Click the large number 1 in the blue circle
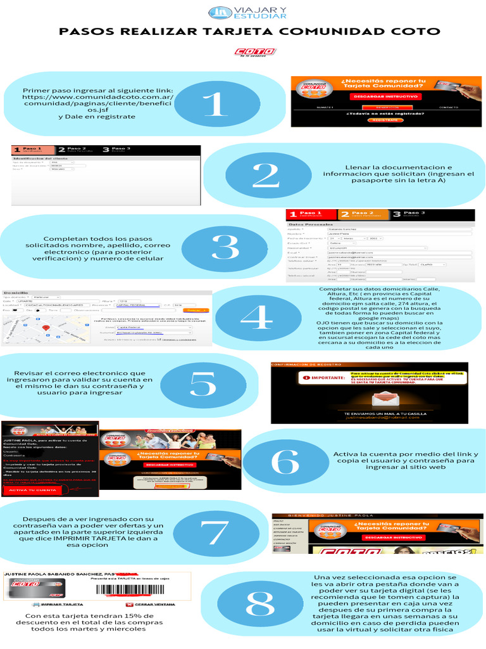click(x=215, y=103)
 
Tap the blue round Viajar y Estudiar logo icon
click(x=221, y=12)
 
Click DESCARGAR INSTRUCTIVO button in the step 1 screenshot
click(x=385, y=96)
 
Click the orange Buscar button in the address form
click(x=194, y=310)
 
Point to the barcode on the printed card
click(x=130, y=590)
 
